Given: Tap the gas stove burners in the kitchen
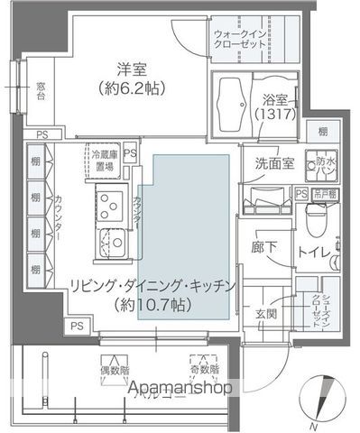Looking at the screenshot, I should (x=110, y=205).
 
